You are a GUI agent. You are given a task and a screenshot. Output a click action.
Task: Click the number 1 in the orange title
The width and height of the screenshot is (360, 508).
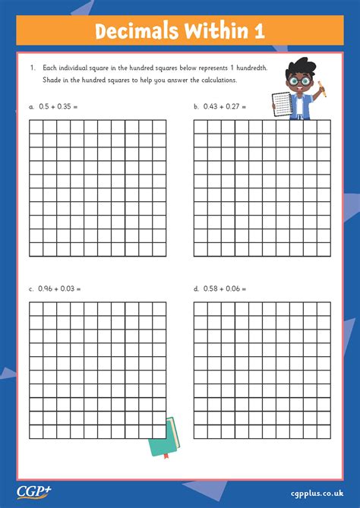(260, 32)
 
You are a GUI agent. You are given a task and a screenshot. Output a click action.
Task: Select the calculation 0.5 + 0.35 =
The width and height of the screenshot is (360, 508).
(58, 107)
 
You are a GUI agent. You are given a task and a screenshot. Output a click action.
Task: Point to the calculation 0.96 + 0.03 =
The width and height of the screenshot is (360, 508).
(60, 289)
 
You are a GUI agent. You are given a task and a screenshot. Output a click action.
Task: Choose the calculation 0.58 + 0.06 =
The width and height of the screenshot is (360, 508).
(226, 289)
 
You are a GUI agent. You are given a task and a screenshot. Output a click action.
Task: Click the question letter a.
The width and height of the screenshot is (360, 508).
(31, 107)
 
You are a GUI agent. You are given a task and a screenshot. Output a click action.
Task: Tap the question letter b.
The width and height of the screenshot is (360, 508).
(196, 107)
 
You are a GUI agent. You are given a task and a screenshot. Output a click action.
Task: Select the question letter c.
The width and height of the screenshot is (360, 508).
(31, 289)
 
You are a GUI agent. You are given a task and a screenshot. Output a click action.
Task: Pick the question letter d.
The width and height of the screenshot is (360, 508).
(196, 289)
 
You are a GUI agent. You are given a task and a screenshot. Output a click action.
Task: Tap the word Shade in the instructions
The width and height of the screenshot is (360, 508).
(51, 80)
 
